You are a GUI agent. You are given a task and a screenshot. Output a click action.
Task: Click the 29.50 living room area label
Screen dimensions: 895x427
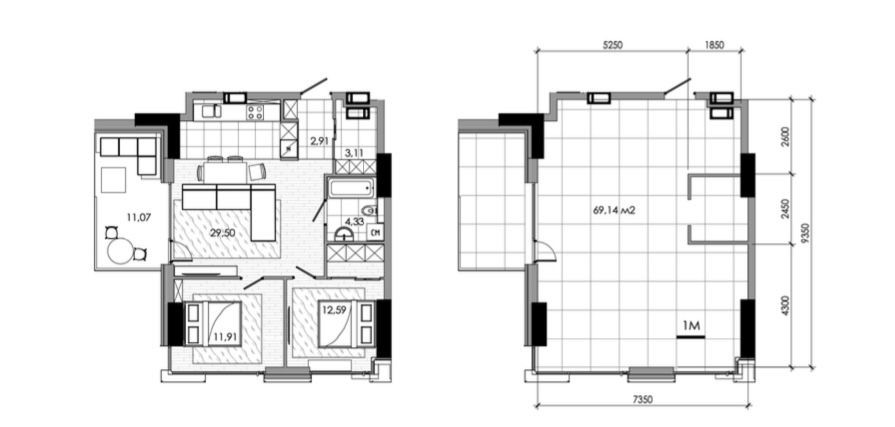[223, 233]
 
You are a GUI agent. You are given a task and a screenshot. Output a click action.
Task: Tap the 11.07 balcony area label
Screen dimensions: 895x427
[139, 217]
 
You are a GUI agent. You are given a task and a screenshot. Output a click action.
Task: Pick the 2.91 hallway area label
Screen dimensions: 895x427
[320, 140]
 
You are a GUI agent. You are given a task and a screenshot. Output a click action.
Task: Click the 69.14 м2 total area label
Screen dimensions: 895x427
[615, 210]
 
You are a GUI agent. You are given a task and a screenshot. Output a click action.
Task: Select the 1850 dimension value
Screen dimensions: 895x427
[715, 46]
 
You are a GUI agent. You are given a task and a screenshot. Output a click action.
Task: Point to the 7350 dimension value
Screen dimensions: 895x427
[642, 400]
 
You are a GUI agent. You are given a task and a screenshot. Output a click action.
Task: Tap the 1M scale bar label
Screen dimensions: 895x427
[691, 326]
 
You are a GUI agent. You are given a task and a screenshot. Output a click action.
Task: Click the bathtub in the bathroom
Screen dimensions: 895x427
[350, 187]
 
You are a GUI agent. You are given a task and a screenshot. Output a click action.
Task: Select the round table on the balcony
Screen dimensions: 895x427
[120, 251]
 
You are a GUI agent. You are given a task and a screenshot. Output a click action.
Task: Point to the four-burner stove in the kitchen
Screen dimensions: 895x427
[255, 111]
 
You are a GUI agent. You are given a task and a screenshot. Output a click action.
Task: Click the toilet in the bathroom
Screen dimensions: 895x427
[371, 211]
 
